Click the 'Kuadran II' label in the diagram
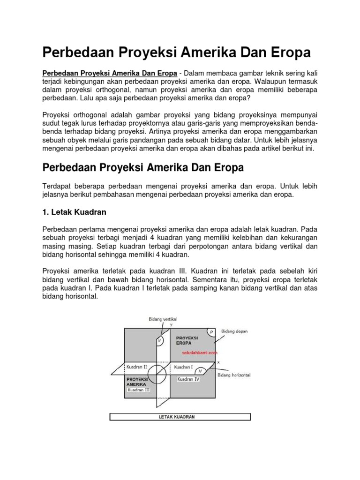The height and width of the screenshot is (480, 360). click(x=136, y=367)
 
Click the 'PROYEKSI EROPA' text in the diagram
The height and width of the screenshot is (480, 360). click(x=187, y=340)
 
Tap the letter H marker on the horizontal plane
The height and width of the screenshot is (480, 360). click(x=200, y=370)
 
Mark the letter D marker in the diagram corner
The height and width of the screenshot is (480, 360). click(x=211, y=332)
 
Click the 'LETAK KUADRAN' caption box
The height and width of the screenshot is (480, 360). click(x=180, y=417)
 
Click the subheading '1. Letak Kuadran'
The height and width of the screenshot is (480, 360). click(x=75, y=212)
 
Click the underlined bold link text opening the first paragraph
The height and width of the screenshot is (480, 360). click(x=110, y=73)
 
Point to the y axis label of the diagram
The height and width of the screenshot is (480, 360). click(x=171, y=324)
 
